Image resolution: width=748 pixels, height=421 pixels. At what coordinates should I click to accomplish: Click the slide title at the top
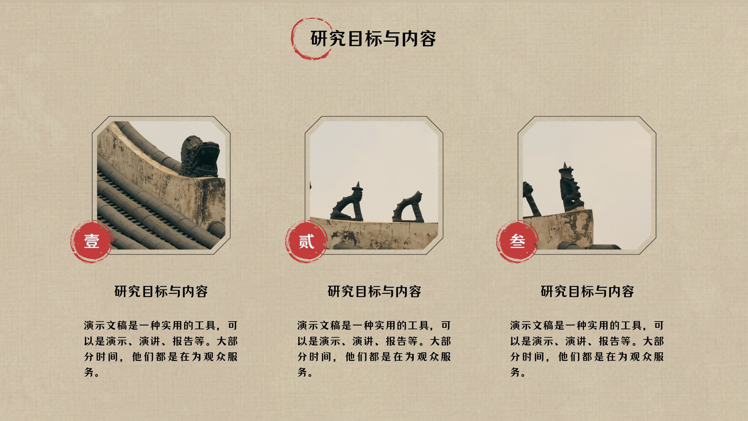pyautogui.click(x=373, y=39)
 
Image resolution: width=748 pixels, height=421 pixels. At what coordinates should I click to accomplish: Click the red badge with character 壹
pyautogui.click(x=92, y=241)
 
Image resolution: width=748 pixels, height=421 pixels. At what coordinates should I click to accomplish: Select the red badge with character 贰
pyautogui.click(x=306, y=241)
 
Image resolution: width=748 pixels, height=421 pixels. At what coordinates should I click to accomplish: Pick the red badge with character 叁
pyautogui.click(x=517, y=241)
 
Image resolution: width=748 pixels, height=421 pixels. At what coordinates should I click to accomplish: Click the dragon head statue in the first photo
pyautogui.click(x=200, y=156)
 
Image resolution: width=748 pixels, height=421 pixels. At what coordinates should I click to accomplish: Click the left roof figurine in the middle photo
pyautogui.click(x=347, y=203)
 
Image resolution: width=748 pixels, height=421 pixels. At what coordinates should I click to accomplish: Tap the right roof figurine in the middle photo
pyautogui.click(x=408, y=207)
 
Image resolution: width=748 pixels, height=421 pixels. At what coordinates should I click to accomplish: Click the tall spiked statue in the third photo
pyautogui.click(x=571, y=187)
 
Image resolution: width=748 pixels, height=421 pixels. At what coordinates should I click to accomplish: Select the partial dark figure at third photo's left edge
pyautogui.click(x=531, y=199)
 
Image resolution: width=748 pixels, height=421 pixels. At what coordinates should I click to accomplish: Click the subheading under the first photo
pyautogui.click(x=161, y=291)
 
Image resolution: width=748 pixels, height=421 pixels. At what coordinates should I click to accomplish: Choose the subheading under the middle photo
pyautogui.click(x=374, y=291)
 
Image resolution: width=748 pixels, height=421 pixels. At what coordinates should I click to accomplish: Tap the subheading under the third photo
pyautogui.click(x=587, y=291)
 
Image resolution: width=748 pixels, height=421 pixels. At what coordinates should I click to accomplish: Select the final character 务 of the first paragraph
pyautogui.click(x=89, y=372)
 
